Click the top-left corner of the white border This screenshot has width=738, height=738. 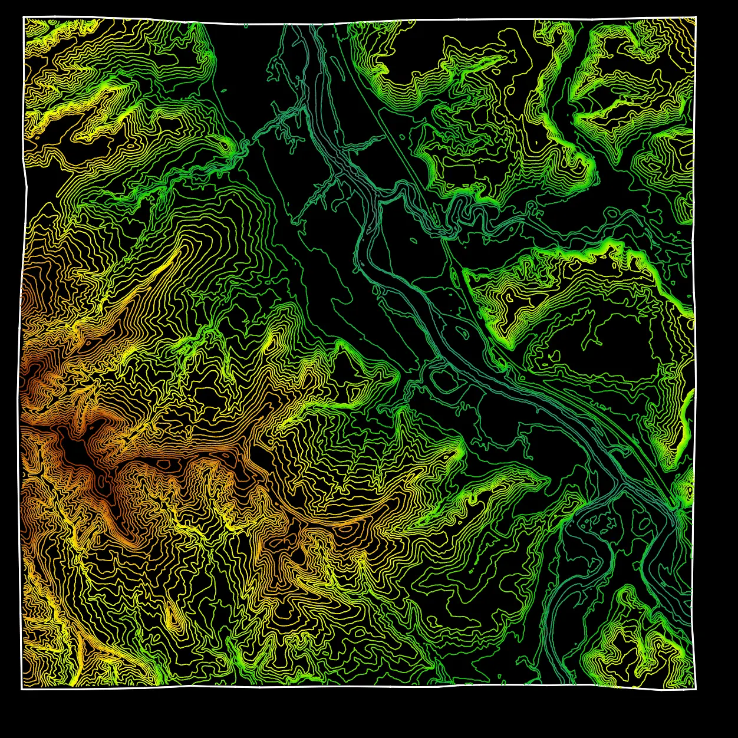tap(24, 17)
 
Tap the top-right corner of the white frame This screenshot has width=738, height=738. tap(696, 18)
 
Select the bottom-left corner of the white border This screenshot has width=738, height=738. tap(22, 688)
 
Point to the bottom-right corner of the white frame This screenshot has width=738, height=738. tap(696, 689)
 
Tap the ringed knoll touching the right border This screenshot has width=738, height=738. tap(687, 486)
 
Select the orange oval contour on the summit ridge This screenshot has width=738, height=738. tap(227, 456)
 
